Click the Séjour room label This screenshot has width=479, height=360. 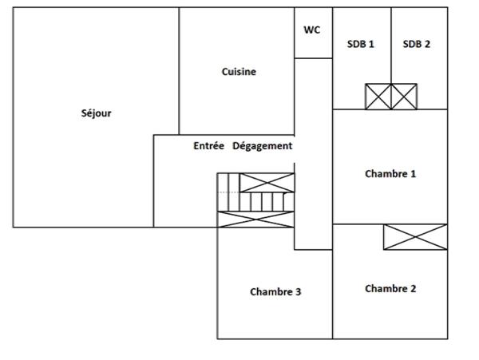(x=97, y=113)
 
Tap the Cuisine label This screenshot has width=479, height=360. (x=239, y=72)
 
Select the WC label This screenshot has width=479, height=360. (x=312, y=30)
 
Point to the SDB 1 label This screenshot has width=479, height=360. (x=361, y=44)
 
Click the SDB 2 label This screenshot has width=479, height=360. (x=417, y=44)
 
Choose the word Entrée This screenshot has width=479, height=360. (x=208, y=145)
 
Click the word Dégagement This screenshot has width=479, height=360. (x=263, y=146)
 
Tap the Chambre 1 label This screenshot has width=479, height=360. (x=390, y=174)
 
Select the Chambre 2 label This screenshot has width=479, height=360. (x=390, y=288)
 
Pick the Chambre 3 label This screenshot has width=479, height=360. (x=275, y=292)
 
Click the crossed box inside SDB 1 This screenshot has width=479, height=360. (x=378, y=97)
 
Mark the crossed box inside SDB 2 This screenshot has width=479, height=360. (x=404, y=97)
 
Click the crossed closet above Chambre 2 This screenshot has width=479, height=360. (x=416, y=237)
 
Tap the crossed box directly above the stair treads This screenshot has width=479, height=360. (x=267, y=183)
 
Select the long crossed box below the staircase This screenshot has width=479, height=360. (x=255, y=220)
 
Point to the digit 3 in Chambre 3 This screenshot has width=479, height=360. (x=298, y=292)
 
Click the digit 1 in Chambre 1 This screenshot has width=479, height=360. (x=414, y=174)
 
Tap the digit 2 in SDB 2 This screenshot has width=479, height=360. (x=427, y=44)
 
